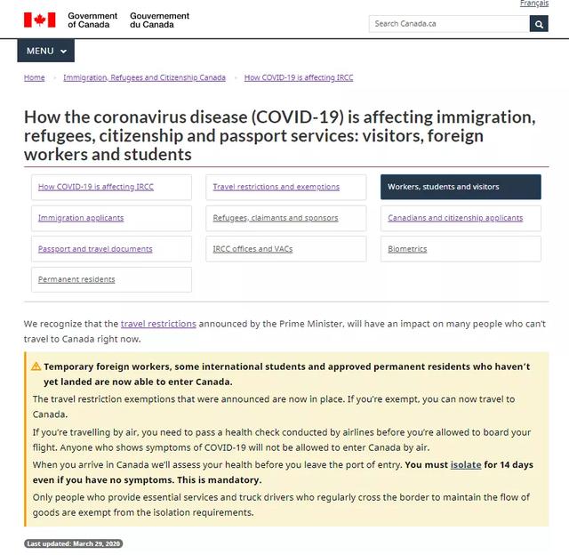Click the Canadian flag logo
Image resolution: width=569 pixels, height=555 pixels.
pyautogui.click(x=39, y=20)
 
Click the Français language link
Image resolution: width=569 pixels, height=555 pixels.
pyautogui.click(x=533, y=4)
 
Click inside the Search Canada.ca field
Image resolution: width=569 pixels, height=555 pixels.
pyautogui.click(x=448, y=24)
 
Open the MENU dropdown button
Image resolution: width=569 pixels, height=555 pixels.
pyautogui.click(x=45, y=52)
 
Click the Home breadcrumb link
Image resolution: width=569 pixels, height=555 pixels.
pyautogui.click(x=35, y=78)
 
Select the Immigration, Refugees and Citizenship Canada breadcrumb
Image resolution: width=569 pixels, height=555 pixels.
pyautogui.click(x=144, y=78)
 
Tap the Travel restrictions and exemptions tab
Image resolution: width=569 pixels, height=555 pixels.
pyautogui.click(x=276, y=187)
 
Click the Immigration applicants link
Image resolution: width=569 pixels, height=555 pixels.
pyautogui.click(x=81, y=218)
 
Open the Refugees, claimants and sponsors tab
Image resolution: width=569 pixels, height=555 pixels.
pyautogui.click(x=276, y=218)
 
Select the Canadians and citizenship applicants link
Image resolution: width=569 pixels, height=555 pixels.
pyautogui.click(x=455, y=218)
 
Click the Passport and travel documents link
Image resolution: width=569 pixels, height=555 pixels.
pyautogui.click(x=95, y=249)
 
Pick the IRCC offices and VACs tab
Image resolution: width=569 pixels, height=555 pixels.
pyautogui.click(x=252, y=249)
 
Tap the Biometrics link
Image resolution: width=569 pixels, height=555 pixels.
pyautogui.click(x=407, y=249)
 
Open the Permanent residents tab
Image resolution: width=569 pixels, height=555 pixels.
pyautogui.click(x=76, y=279)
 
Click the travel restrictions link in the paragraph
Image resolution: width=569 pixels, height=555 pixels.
pyautogui.click(x=158, y=324)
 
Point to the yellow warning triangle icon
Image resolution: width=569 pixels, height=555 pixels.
pyautogui.click(x=36, y=366)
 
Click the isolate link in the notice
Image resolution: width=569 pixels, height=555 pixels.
pyautogui.click(x=466, y=465)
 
